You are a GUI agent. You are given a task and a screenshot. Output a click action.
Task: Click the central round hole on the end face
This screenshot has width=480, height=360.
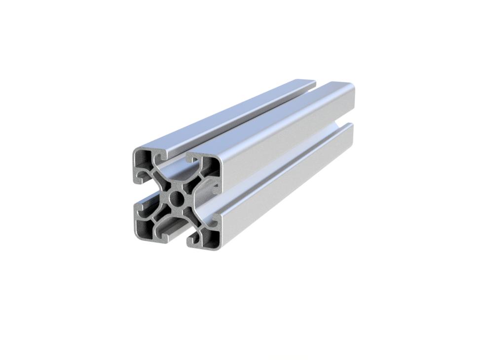click(x=176, y=199)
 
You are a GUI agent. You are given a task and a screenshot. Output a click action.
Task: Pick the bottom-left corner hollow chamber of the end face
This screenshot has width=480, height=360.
click(x=144, y=226)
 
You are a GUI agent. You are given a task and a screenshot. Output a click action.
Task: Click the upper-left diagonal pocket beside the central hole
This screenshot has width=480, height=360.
click(x=163, y=183)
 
